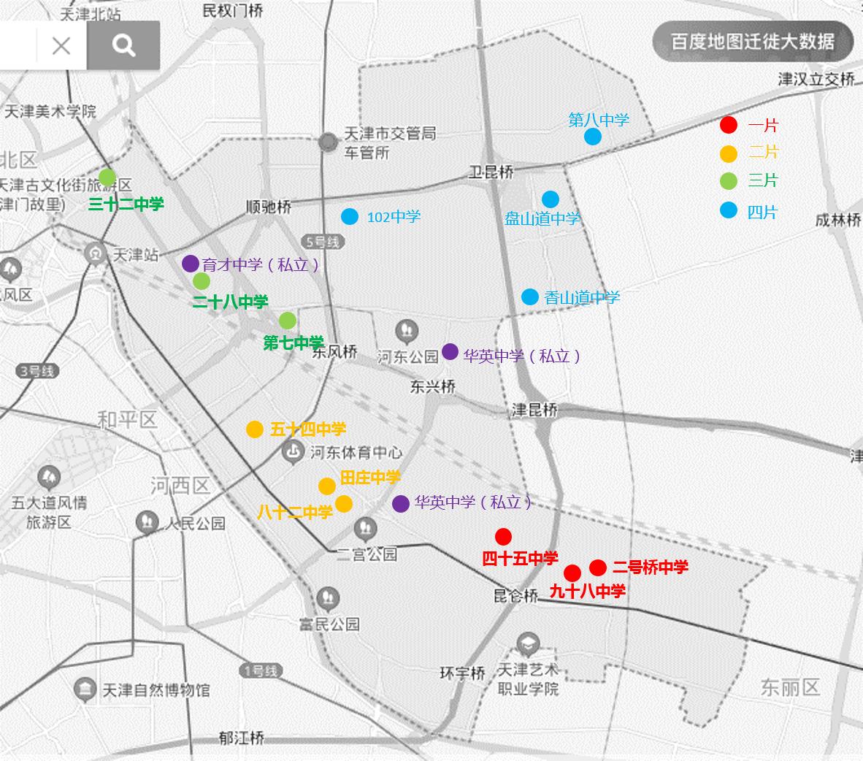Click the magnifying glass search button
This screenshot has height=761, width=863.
point(124,46)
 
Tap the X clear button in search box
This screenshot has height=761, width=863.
point(61,46)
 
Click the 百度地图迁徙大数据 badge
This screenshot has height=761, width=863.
point(753,41)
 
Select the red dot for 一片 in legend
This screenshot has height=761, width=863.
point(728,125)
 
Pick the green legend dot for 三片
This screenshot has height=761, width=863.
point(728,180)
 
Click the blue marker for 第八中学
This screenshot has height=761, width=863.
point(593,137)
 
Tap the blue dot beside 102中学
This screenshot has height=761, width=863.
point(350,216)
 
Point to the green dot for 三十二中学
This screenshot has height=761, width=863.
point(107,177)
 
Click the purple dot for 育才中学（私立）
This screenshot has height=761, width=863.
point(191,264)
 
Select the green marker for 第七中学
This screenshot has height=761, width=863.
point(288,321)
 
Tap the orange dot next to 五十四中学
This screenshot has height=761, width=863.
point(254,429)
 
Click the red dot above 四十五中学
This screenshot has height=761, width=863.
point(503,537)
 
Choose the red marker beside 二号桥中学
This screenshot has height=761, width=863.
point(598,567)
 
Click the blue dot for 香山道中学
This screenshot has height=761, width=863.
point(530,297)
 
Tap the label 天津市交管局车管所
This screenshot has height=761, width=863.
point(389,142)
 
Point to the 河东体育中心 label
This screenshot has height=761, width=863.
point(356,453)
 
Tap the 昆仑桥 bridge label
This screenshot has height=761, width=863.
point(515,596)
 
